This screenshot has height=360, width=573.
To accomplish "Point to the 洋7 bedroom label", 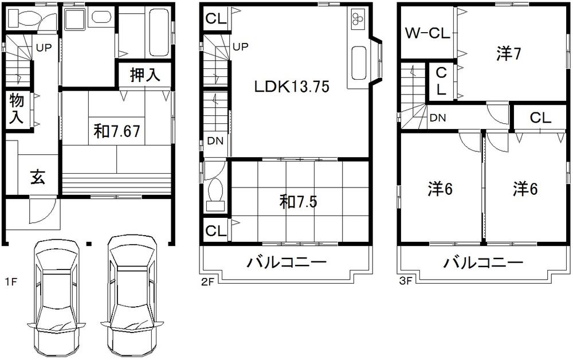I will [x=508, y=54].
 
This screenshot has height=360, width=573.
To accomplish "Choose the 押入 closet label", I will [x=145, y=75].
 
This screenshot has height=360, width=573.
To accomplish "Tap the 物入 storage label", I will [x=16, y=109].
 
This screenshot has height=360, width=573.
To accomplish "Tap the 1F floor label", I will [x=10, y=281].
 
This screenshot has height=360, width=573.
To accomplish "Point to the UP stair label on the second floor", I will [x=241, y=46].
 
